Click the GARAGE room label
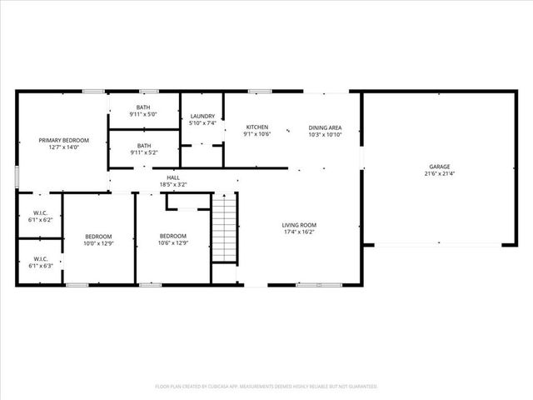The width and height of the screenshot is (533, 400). (x=440, y=167)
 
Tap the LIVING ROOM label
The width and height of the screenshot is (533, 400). (x=299, y=225)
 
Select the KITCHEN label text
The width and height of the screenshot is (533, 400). (x=257, y=127)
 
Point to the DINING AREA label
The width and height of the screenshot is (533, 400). (x=326, y=127)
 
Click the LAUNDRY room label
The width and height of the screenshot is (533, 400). (x=203, y=116)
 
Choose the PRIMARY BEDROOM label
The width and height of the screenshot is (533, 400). (x=63, y=140)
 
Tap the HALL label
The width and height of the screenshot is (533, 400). (x=173, y=177)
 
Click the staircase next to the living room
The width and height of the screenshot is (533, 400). (x=224, y=228)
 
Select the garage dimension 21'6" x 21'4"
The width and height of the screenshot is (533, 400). (x=440, y=174)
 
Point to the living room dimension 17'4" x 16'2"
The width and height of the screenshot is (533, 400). (x=299, y=232)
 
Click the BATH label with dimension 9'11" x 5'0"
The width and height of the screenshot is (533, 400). (x=145, y=107)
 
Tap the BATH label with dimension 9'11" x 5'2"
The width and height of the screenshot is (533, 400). (x=145, y=145)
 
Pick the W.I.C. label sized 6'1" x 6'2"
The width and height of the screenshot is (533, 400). (x=40, y=213)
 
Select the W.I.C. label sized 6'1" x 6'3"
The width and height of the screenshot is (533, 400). (x=40, y=259)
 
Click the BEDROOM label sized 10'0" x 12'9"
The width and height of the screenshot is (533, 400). (x=98, y=237)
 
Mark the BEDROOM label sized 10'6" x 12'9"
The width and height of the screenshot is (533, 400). (x=173, y=236)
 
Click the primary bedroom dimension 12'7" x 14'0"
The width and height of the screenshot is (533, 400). (x=63, y=147)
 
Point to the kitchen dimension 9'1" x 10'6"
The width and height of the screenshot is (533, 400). (x=257, y=134)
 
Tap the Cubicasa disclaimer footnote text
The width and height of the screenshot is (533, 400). (x=266, y=387)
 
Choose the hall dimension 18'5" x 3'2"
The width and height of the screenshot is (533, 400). (x=173, y=184)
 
